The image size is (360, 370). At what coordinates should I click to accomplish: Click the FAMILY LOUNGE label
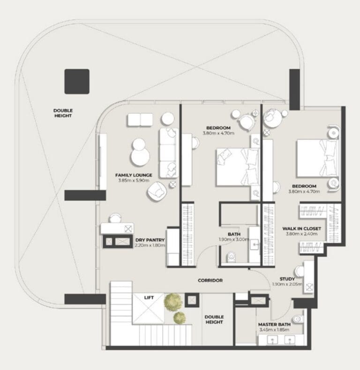[134, 175]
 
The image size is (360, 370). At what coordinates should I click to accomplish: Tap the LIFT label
[149, 298]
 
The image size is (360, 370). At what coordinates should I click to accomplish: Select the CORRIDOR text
[210, 281]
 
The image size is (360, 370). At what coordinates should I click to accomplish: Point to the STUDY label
[287, 279]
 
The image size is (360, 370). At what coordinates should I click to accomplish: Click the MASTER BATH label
[274, 325]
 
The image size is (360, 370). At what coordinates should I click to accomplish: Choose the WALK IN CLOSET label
[302, 229]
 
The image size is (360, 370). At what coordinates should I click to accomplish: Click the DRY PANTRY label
[150, 240]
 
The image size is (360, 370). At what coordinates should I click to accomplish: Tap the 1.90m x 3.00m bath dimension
[234, 239]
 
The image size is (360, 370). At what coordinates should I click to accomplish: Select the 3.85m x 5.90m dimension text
[134, 180]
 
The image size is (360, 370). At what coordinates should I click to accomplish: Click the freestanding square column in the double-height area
[77, 81]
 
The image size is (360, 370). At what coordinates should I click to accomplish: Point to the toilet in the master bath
[298, 319]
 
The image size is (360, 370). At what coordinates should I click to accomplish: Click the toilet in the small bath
[231, 257]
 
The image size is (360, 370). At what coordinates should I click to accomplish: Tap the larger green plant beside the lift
[173, 302]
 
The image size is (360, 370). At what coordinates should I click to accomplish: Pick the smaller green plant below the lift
[180, 318]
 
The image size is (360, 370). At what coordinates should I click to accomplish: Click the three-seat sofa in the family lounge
[169, 153]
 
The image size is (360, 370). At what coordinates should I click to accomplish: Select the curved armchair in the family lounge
[157, 191]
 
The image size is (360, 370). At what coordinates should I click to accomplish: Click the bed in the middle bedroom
[237, 167]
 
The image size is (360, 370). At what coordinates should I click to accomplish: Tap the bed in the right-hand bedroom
[317, 158]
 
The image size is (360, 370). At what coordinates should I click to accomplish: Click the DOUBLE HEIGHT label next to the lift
[214, 319]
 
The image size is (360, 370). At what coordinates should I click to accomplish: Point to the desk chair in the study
[299, 271]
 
